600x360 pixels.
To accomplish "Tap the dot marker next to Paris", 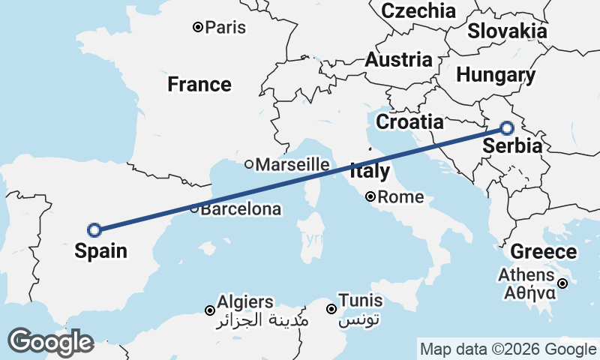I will (198, 28).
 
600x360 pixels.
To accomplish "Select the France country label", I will (199, 84).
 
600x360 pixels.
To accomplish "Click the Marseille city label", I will (292, 164).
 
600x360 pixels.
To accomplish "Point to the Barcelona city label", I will (241, 209).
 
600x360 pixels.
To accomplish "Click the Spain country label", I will (100, 251).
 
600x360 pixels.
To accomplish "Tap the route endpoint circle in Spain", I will (94, 230).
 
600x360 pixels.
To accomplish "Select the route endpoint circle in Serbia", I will (507, 128).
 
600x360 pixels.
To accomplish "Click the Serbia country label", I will (512, 146).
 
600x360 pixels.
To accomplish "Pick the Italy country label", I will (369, 171).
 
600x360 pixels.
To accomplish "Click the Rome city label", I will (401, 198).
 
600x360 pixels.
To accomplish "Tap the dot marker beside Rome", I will (370, 197).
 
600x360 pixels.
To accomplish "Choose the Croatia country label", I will (409, 121).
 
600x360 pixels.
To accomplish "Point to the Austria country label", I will (398, 60).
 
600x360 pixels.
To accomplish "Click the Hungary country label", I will (496, 75).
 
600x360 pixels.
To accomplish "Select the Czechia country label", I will (418, 10).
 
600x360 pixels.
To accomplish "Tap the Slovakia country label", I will (507, 31).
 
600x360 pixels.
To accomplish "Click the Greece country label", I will (544, 252).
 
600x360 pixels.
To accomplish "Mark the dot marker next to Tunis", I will (331, 309).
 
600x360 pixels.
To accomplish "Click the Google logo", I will (50, 342).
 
